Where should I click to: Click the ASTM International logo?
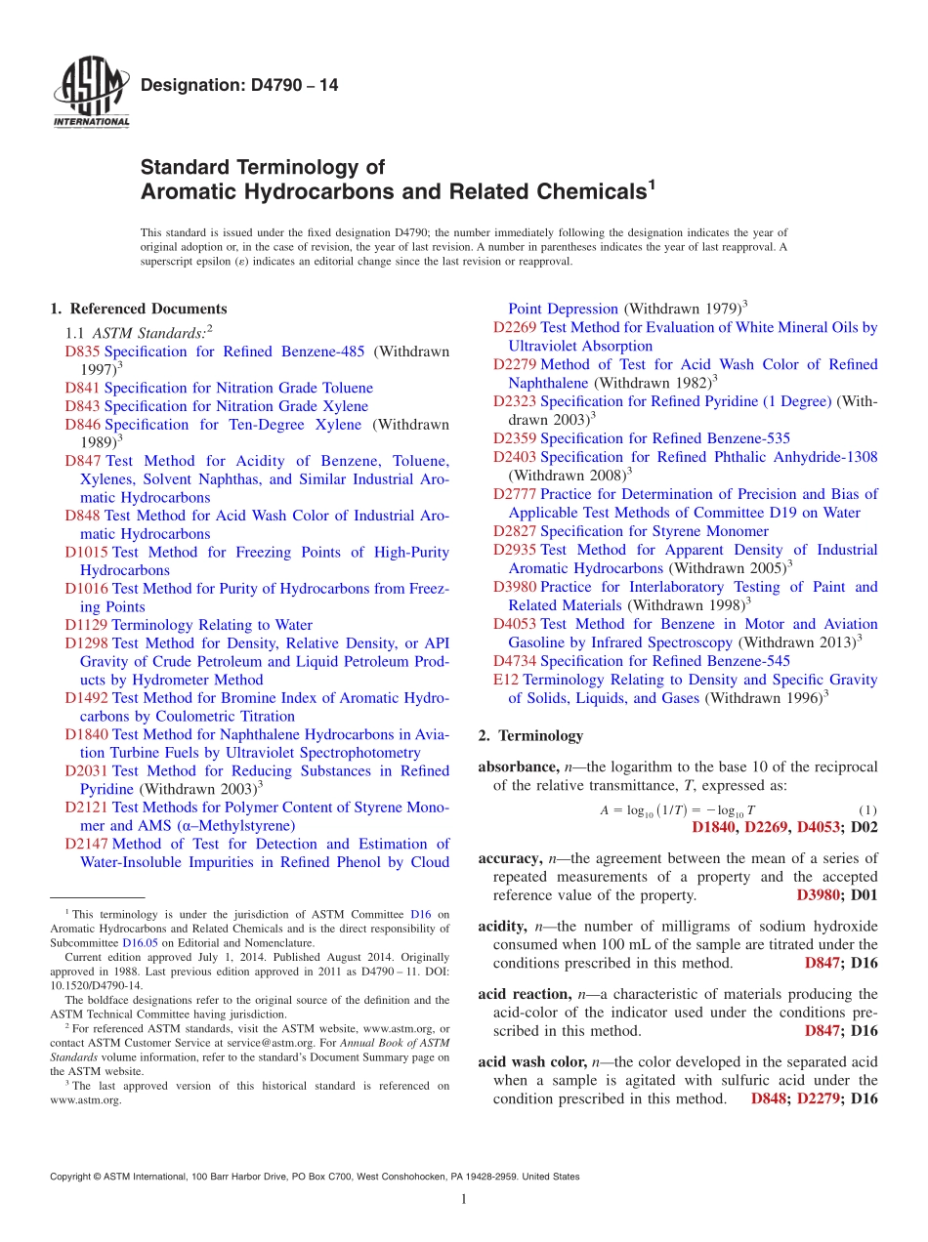pos(90,92)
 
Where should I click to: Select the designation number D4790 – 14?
pos(239,86)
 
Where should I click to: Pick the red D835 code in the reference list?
pos(83,352)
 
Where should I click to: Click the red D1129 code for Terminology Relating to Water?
pos(87,625)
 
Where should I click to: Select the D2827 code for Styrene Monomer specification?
pos(515,531)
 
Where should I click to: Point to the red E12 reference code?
pos(506,680)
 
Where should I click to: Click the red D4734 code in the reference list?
pos(515,661)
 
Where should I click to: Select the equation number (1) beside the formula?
pos(867,811)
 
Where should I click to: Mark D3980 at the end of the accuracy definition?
pos(820,894)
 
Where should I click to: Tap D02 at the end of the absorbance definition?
pos(865,828)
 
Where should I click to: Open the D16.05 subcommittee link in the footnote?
pos(140,944)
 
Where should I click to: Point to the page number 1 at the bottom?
pos(464,1200)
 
